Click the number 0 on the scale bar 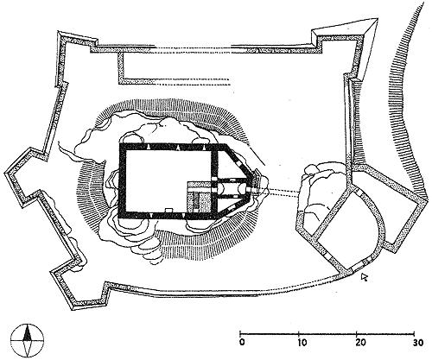[242, 343]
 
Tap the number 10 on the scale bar [302, 343]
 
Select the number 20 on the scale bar [360, 343]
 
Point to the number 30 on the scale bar [417, 343]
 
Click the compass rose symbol [28, 340]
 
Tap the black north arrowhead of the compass [28, 333]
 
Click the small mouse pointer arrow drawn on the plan [365, 277]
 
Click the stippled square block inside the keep [200, 198]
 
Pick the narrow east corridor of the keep [231, 188]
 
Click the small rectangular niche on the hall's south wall [168, 210]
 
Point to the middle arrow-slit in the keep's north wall [178, 148]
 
